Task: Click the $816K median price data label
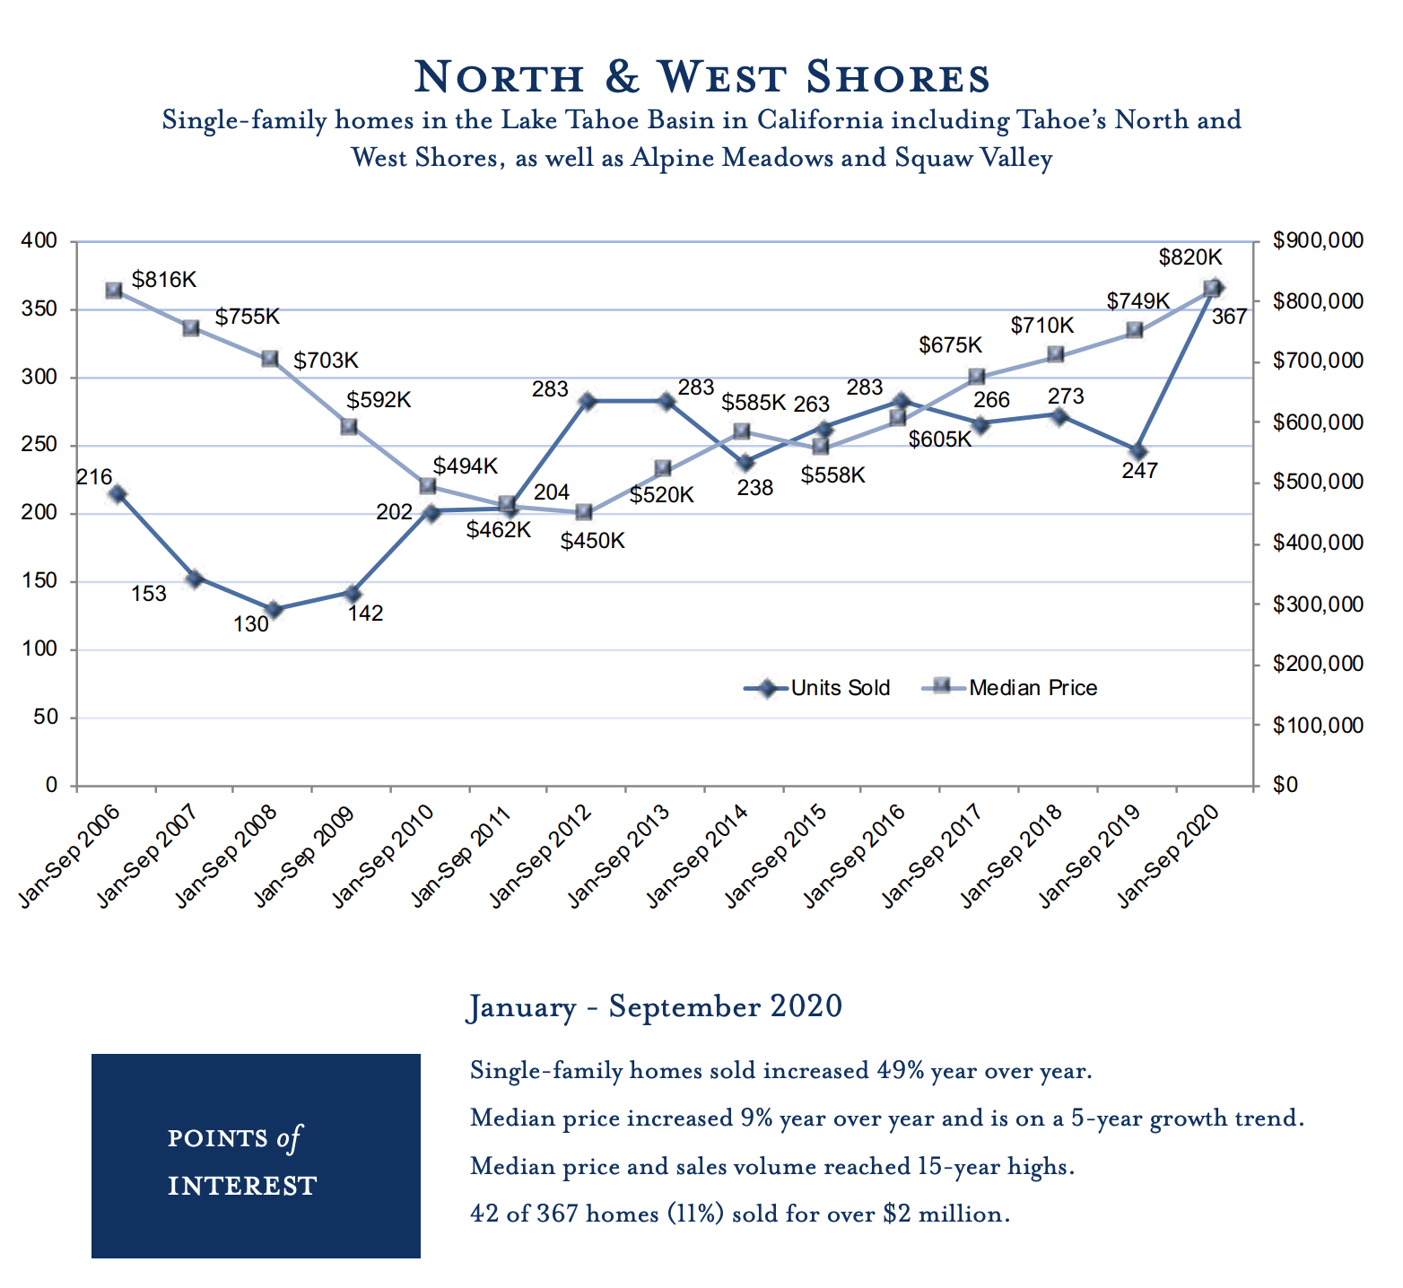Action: click(x=164, y=279)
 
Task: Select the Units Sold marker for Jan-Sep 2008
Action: click(x=274, y=610)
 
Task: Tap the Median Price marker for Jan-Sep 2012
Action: click(x=583, y=512)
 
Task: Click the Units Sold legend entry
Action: click(x=817, y=688)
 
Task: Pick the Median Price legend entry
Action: click(x=1010, y=688)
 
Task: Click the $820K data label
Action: click(x=1190, y=257)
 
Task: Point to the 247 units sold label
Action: click(x=1139, y=470)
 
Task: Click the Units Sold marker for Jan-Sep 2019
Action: click(x=1138, y=451)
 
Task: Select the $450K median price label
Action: click(x=593, y=541)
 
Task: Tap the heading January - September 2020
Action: click(x=656, y=1006)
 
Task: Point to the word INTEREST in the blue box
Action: click(x=242, y=1186)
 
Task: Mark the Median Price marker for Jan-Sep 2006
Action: click(x=114, y=291)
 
